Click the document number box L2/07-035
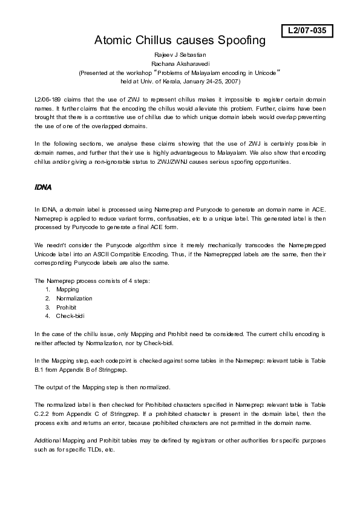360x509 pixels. point(307,30)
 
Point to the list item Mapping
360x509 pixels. point(67,290)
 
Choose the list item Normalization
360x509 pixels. point(74,298)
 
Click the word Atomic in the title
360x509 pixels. point(114,41)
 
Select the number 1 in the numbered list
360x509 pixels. point(47,290)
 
